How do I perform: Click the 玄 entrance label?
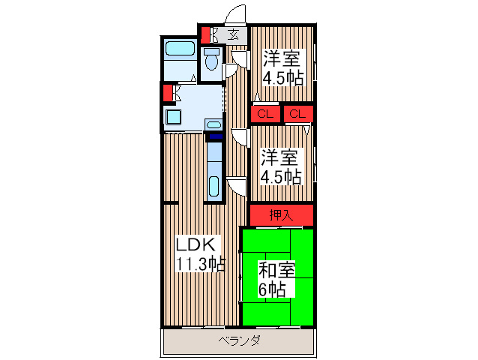tap(234, 34)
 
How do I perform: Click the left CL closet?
tap(264, 114)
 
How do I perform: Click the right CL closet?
tap(297, 114)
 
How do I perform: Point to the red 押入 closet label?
tap(281, 215)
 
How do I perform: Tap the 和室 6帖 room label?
tap(276, 278)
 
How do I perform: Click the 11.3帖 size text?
tap(199, 263)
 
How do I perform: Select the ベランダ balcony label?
tap(239, 341)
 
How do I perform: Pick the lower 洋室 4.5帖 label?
tap(281, 167)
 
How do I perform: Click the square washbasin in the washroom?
tap(173, 118)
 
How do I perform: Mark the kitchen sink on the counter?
tap(214, 184)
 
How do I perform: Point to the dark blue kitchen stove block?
tap(215, 137)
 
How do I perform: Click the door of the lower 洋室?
tap(240, 136)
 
